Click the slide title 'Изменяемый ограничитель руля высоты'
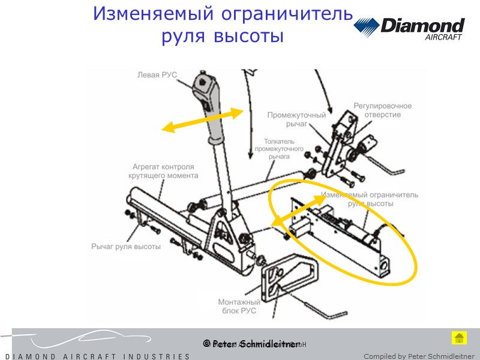[222, 24]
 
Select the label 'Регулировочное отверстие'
[382, 110]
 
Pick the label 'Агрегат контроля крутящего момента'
[163, 171]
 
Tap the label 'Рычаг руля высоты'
[126, 247]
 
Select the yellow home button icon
[459, 338]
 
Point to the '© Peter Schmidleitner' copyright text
[251, 344]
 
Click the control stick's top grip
[206, 85]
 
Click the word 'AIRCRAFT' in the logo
[443, 37]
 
